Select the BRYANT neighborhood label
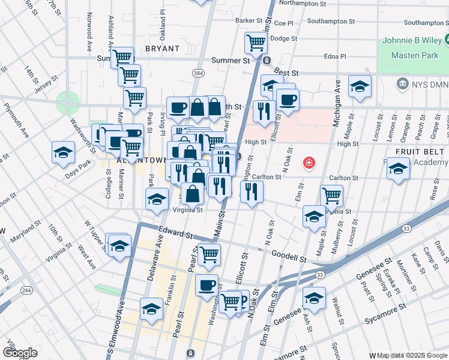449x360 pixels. click(162, 48)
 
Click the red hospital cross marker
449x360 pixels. click(309, 163)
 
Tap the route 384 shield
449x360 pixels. click(197, 73)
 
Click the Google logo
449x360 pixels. click(20, 353)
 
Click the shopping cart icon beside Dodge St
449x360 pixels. click(256, 42)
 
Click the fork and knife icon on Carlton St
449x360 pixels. click(251, 191)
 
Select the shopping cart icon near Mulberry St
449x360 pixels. click(331, 195)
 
